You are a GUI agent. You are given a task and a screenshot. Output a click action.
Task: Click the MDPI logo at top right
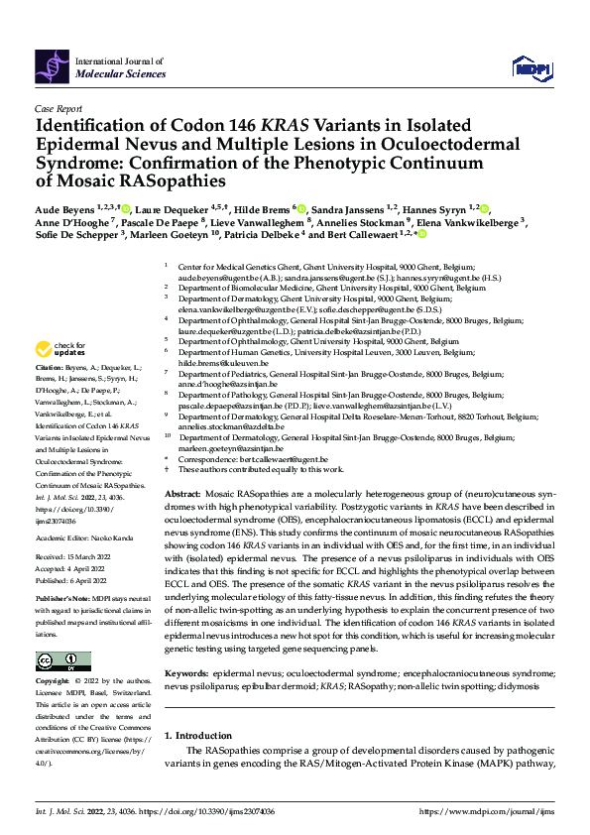point(531,66)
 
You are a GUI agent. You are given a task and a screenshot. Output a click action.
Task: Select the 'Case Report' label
point(58,109)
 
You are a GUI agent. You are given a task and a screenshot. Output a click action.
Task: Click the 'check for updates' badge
point(57,349)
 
